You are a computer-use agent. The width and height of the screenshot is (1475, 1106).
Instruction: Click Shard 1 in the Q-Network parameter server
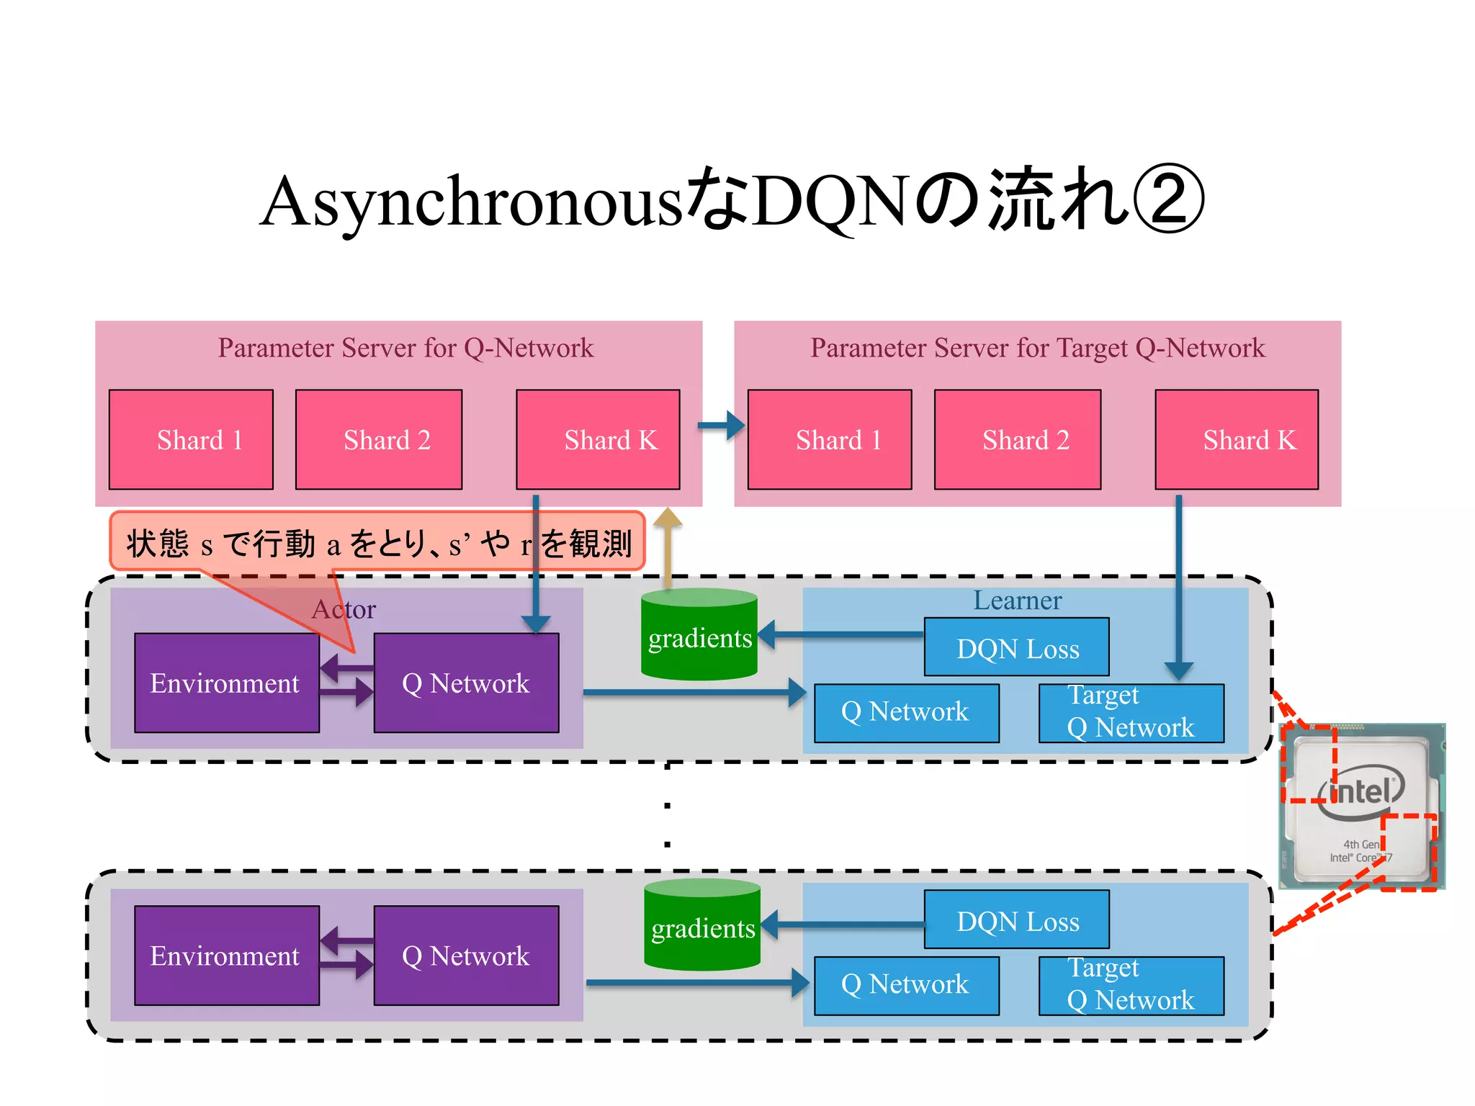(x=191, y=439)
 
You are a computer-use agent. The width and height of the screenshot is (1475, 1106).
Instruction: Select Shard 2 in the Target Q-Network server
(x=1017, y=439)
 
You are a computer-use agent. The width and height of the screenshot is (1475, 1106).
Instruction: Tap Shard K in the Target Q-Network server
(x=1237, y=439)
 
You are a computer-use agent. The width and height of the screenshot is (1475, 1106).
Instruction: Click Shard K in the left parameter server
(x=598, y=439)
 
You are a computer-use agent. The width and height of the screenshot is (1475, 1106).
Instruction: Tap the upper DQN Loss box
(x=1016, y=647)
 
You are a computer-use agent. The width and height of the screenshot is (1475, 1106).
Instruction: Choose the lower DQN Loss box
(x=1016, y=920)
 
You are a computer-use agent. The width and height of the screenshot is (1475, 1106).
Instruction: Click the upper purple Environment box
(x=226, y=683)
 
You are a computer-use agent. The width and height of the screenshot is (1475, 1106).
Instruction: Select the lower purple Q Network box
(x=466, y=955)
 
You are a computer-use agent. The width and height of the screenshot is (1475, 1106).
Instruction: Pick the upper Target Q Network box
(x=1131, y=712)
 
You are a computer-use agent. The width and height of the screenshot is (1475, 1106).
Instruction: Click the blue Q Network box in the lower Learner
(x=906, y=984)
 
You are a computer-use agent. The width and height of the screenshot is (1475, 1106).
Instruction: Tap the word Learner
(x=1017, y=601)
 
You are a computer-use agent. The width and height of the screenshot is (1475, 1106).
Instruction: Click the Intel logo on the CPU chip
(x=1360, y=793)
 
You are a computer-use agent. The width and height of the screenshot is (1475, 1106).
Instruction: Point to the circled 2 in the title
(x=1168, y=201)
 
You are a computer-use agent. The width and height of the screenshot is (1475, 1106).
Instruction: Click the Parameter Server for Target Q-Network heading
(x=1037, y=348)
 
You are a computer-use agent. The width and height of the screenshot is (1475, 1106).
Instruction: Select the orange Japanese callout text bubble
(x=377, y=542)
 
